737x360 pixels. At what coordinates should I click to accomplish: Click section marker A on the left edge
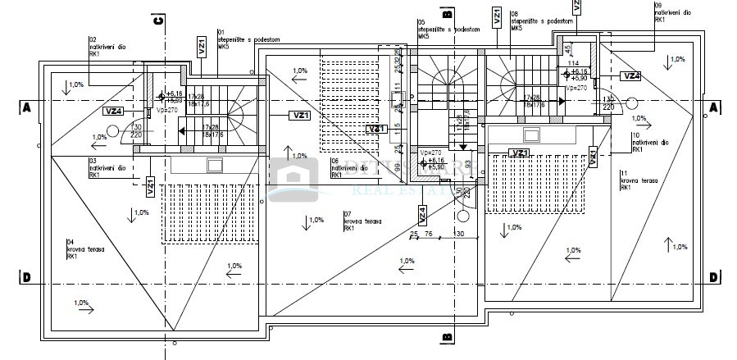(26, 107)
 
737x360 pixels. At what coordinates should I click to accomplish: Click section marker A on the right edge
(713, 107)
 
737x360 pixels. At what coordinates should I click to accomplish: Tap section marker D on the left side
(26, 277)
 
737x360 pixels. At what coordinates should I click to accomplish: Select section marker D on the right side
(713, 277)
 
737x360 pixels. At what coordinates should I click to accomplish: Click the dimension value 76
(428, 234)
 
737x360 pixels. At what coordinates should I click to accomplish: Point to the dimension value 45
(569, 49)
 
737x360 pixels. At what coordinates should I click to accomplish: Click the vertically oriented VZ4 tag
(422, 214)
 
